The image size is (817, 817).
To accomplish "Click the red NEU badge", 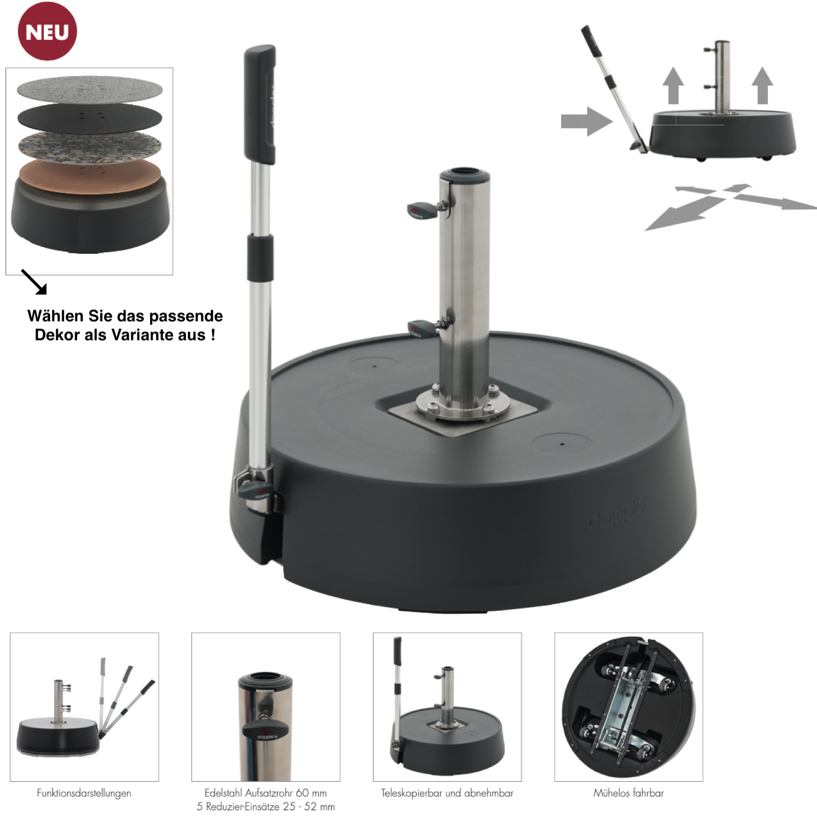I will [47, 31].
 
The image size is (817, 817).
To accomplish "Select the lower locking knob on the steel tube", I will [422, 327].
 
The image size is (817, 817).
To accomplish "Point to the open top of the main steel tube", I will [464, 172].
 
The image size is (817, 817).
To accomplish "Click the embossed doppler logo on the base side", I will [618, 513].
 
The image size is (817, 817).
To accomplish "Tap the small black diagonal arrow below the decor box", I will [34, 282].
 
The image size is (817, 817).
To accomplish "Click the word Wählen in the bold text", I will [56, 316].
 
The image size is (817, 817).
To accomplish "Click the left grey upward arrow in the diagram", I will [674, 85].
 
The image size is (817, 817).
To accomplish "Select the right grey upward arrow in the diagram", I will [762, 85].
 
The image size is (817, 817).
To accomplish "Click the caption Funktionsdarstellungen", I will [84, 793].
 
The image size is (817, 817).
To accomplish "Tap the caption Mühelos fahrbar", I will [629, 793].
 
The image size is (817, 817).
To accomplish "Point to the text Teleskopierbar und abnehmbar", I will [447, 793].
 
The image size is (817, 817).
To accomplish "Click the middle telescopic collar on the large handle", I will [260, 257].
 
